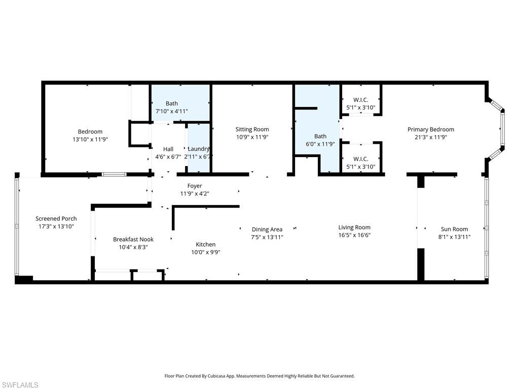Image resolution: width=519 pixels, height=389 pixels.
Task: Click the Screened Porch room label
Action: click(56, 219)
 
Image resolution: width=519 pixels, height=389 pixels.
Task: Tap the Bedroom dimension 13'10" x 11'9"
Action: click(90, 139)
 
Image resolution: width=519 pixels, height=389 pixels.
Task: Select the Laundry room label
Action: click(198, 149)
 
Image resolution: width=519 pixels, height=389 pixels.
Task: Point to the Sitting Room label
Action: click(252, 130)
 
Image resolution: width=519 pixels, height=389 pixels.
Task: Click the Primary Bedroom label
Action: click(430, 130)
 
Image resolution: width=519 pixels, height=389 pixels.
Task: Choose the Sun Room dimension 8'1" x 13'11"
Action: click(454, 237)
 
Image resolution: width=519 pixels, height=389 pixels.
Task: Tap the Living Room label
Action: click(354, 227)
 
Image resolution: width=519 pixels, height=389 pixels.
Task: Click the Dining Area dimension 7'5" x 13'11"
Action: click(267, 237)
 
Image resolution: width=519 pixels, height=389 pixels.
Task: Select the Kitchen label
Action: click(205, 245)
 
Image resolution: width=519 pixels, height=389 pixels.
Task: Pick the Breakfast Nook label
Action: click(133, 240)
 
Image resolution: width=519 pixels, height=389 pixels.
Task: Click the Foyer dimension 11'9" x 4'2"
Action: click(195, 193)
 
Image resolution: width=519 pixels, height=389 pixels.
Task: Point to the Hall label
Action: click(168, 149)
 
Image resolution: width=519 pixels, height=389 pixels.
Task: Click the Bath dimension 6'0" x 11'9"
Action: click(320, 144)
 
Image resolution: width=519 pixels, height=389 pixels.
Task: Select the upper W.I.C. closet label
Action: click(360, 100)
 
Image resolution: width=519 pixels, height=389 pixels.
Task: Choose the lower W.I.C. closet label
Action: click(360, 159)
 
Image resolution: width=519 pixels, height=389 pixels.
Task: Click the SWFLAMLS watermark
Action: click(20, 385)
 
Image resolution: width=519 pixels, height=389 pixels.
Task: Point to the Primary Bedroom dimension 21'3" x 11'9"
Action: click(430, 137)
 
